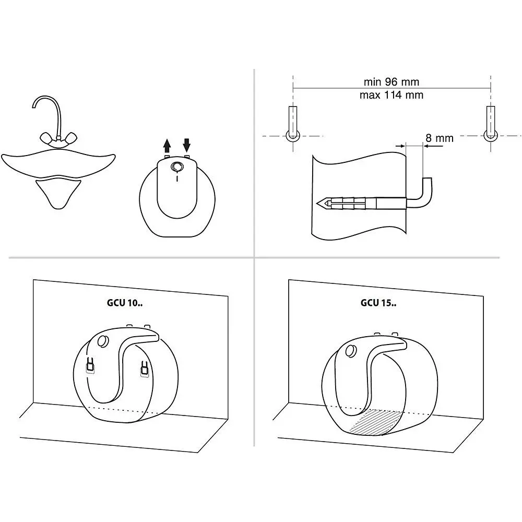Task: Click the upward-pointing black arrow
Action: click(x=167, y=146)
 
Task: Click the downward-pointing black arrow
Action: click(x=187, y=145)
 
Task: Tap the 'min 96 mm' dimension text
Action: click(x=391, y=81)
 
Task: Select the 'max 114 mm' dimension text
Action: click(x=391, y=95)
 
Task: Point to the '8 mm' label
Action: click(x=440, y=138)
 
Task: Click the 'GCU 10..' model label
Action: click(x=125, y=303)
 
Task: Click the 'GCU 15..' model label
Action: click(x=378, y=303)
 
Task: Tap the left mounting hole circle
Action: click(x=293, y=136)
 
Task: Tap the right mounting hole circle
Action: click(x=491, y=136)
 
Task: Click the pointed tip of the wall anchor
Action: click(x=317, y=203)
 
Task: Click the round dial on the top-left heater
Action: click(x=177, y=167)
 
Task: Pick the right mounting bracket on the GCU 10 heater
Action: click(x=145, y=370)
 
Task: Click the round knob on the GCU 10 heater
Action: click(x=103, y=341)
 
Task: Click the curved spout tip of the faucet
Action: click(x=33, y=105)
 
